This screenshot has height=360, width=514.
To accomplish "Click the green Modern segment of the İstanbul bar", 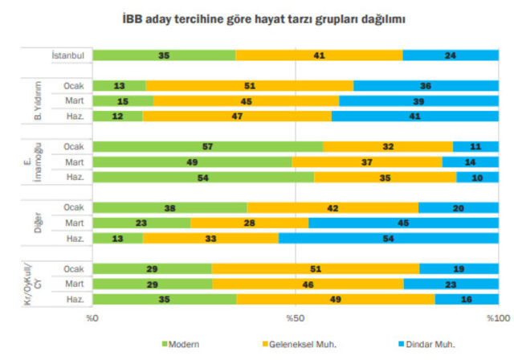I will [164, 55].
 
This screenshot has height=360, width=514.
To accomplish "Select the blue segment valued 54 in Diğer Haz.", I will [388, 238].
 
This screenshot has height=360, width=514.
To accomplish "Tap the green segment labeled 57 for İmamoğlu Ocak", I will [208, 146].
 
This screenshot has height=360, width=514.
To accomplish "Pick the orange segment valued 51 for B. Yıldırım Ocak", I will [249, 86].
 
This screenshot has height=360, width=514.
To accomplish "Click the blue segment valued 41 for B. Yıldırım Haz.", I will [414, 116].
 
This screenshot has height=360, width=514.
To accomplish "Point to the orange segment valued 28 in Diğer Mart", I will [249, 223].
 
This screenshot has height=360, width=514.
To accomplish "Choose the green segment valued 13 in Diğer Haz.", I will [117, 238].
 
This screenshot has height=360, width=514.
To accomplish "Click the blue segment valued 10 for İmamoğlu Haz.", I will [477, 177].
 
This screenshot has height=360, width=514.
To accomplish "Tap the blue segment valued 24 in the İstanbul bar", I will [450, 55].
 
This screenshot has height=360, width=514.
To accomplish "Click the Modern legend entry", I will [181, 344].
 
